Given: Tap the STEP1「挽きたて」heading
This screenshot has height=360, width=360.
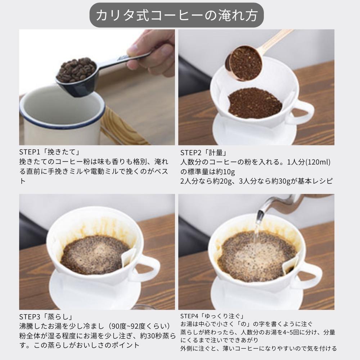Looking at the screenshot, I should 49,152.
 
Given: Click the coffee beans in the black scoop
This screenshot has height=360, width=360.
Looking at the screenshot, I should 76,69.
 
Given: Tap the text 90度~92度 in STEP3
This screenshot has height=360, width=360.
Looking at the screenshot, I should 134,327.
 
